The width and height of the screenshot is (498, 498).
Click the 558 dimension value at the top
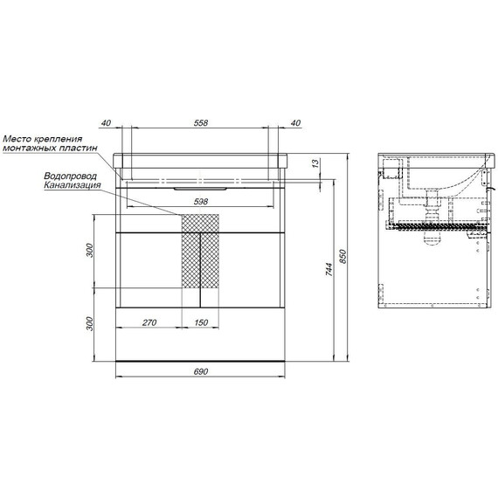(x=200, y=123)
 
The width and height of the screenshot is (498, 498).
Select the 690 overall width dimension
(x=200, y=371)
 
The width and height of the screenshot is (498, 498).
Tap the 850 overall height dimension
(x=342, y=257)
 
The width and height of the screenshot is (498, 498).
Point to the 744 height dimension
(x=329, y=269)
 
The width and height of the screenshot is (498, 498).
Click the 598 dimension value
(x=200, y=201)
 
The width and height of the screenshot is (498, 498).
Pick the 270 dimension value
(x=149, y=322)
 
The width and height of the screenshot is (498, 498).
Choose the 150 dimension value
(x=201, y=322)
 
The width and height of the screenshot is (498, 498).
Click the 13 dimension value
(x=315, y=163)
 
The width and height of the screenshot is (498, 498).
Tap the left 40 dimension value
(x=106, y=123)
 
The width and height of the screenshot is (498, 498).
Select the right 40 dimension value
(x=295, y=123)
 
